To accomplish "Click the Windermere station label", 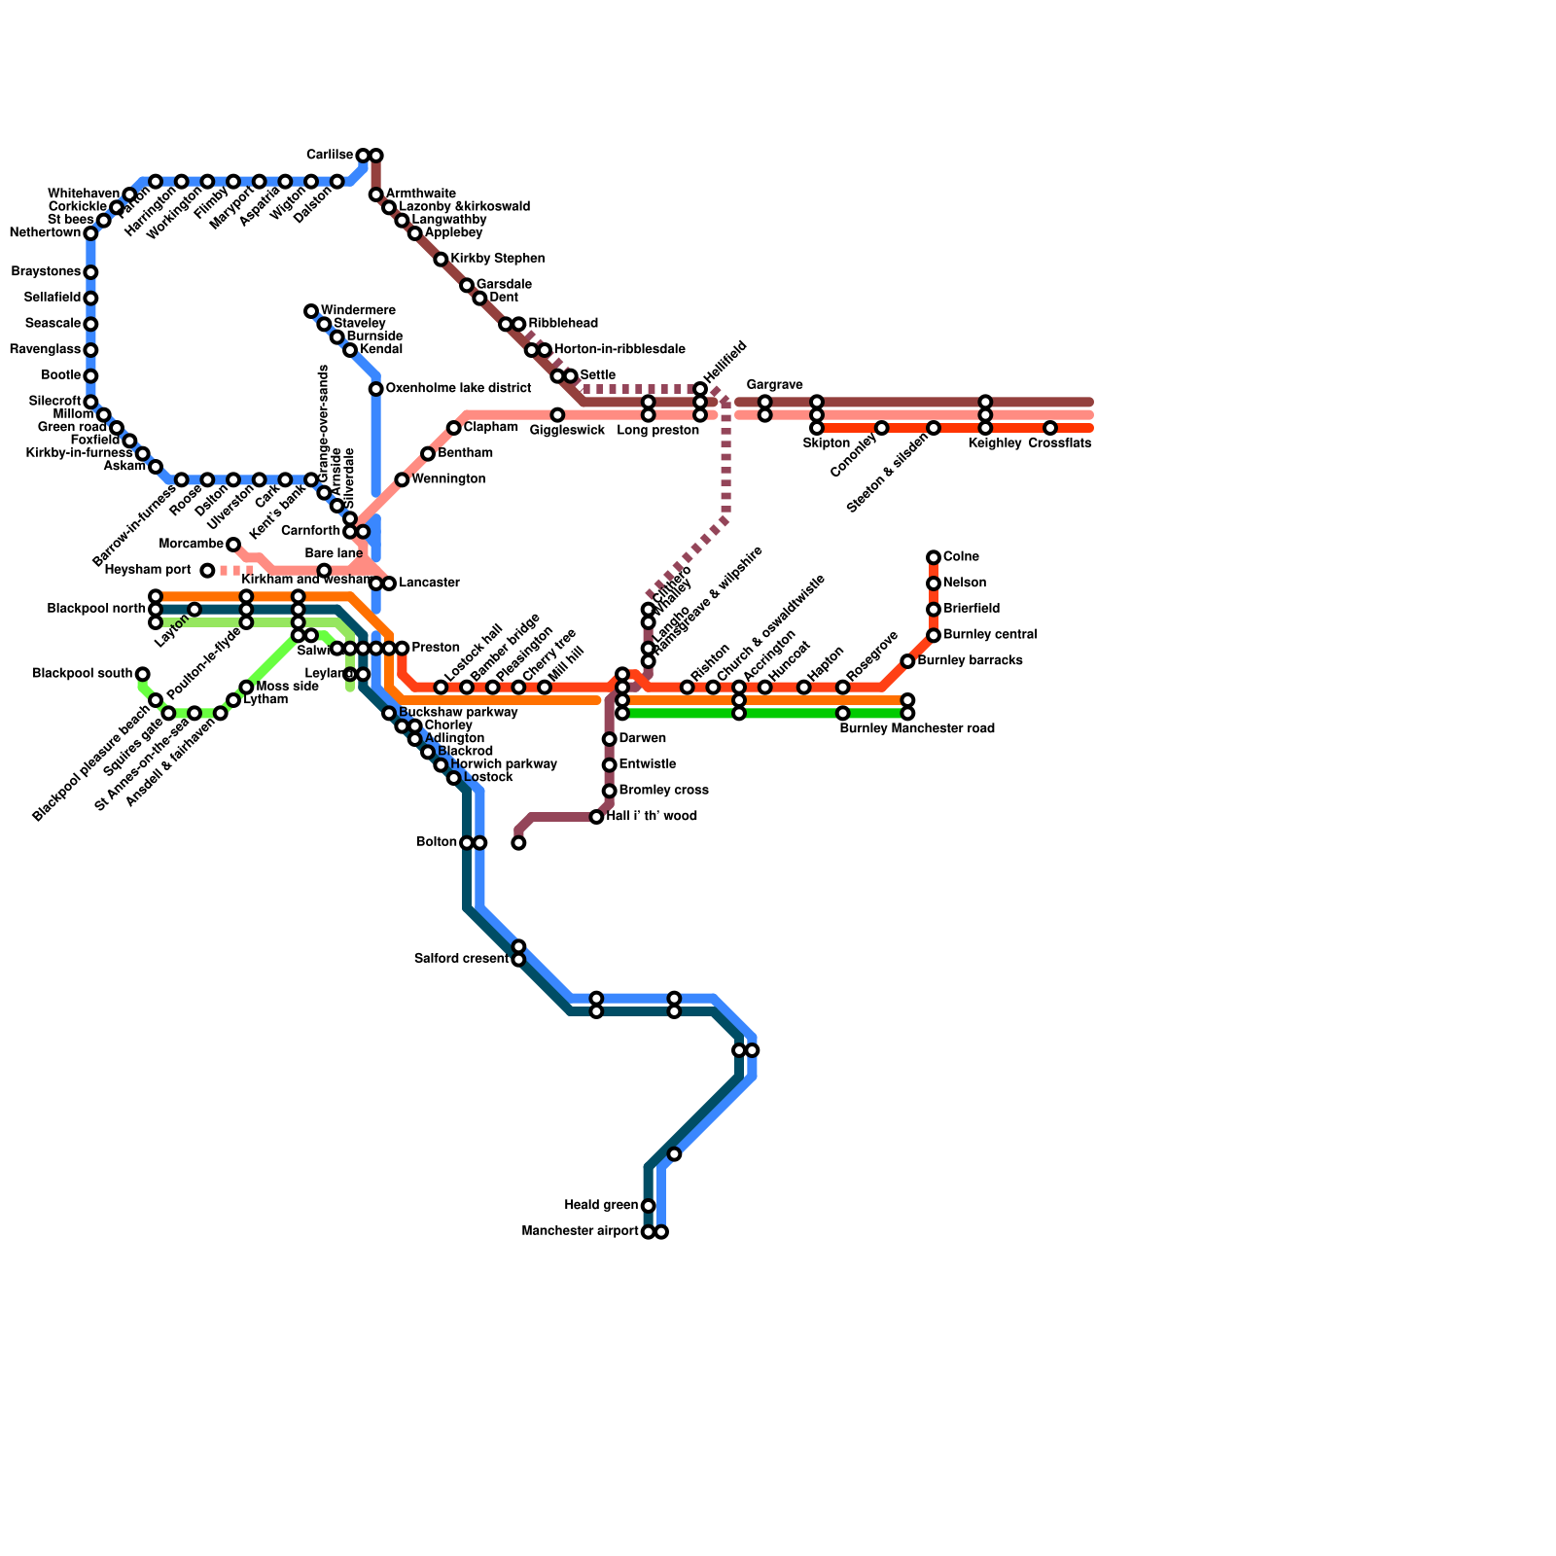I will (x=357, y=311).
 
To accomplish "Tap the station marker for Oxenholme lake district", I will (x=375, y=389).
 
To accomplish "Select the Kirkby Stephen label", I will (x=497, y=260).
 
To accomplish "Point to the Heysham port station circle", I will (x=207, y=571).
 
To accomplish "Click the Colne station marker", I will (x=934, y=557).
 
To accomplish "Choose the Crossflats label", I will (x=1059, y=443).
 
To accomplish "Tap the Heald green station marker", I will (x=648, y=1206).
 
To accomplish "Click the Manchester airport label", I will (x=580, y=1232).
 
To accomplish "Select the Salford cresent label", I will (x=461, y=959).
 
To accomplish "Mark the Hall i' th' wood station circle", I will (x=596, y=817).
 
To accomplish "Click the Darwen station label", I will (x=642, y=739).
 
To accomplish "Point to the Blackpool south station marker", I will (x=143, y=674).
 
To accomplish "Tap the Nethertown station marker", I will (x=90, y=233).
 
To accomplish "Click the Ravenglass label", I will (x=45, y=350).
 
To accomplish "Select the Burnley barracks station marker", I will (x=907, y=661).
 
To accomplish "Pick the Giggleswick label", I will (x=567, y=431).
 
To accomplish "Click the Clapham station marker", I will (x=453, y=428).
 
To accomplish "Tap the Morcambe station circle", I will (x=233, y=545).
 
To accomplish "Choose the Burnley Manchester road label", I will (x=917, y=728).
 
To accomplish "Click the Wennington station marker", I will (x=402, y=479).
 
